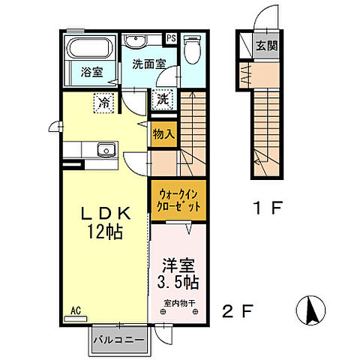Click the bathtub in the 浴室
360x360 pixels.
(90, 48)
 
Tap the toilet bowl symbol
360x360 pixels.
(192, 49)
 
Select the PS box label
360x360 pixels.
(172, 38)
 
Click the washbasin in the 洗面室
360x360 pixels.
(135, 41)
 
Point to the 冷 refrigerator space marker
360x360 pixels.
(103, 103)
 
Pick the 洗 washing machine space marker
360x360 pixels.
(163, 100)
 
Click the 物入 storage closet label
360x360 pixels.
(163, 134)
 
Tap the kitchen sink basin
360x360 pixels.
(106, 150)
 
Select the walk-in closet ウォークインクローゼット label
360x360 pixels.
(178, 200)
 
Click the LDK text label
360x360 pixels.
(106, 214)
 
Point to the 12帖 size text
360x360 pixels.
(105, 232)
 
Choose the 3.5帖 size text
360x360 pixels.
(178, 282)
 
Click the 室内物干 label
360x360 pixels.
(179, 303)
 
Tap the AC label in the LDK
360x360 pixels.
(76, 310)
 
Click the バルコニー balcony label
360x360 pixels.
(119, 340)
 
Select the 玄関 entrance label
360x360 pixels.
(267, 46)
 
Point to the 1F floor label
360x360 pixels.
(268, 208)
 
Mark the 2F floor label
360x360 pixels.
(238, 311)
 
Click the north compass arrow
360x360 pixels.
(311, 310)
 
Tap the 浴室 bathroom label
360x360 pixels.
(91, 72)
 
